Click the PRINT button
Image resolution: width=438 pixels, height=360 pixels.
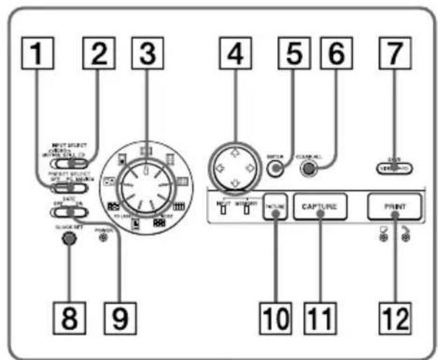click(395, 208)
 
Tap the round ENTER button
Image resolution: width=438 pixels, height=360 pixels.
click(279, 167)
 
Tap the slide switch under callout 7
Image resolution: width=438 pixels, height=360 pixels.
click(393, 168)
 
